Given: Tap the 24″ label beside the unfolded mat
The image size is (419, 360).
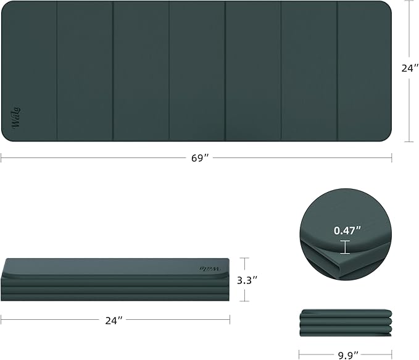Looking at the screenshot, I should coord(409,69).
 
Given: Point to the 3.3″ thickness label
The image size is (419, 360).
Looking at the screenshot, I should coord(247,280).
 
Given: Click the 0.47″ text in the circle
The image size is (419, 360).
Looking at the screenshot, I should coord(345,230).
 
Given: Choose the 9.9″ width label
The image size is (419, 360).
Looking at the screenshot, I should coord(346,354).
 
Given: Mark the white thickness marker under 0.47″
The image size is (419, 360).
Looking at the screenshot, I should coord(344,247).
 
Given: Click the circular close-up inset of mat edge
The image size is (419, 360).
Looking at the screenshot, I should coord(345,235).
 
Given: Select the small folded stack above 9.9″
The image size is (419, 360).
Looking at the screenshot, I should coord(346,322).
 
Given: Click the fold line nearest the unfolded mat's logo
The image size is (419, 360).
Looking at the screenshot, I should coord(57,71).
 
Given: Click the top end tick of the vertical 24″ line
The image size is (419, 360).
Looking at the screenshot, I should coord(409,1).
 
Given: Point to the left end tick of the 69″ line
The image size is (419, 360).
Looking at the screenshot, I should coord(1,158).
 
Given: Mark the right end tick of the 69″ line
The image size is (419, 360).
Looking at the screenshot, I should coord(392,158).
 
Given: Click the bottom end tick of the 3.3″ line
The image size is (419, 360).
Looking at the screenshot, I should coord(246,301).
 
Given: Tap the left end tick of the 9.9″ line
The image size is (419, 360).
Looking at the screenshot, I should coord(300,354).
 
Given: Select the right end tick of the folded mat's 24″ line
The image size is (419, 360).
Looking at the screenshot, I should coord(230,320).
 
